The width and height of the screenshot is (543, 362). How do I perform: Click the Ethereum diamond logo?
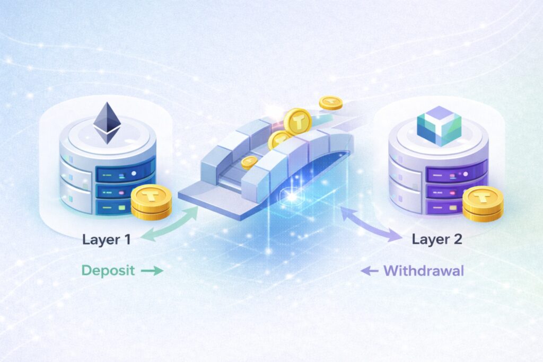[107, 123]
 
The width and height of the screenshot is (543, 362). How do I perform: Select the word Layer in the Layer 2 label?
[431, 239]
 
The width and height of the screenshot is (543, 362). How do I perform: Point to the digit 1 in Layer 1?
[127, 239]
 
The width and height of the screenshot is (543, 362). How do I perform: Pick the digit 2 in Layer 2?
[457, 239]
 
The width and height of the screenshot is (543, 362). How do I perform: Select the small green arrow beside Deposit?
[152, 271]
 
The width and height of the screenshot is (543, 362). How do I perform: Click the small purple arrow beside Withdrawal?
[370, 271]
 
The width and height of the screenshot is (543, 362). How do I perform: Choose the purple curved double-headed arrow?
[371, 225]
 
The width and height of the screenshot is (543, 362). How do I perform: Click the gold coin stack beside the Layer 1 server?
[151, 201]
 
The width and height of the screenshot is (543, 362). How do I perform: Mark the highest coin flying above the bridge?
[330, 102]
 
